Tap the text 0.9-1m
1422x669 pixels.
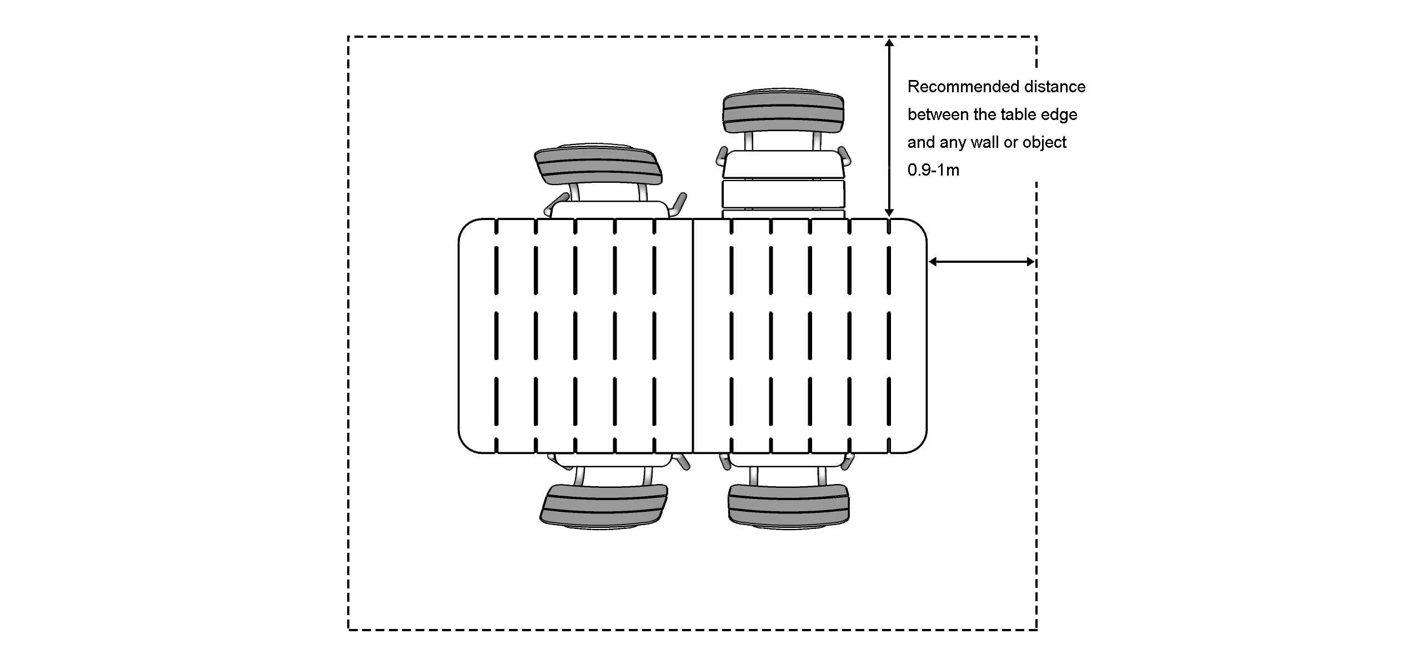click(933, 170)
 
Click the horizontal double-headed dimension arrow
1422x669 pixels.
click(982, 262)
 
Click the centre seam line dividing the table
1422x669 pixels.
click(693, 336)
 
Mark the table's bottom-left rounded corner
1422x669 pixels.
click(466, 445)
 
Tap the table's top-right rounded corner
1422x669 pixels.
click(919, 227)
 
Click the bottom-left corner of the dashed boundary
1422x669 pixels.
click(349, 630)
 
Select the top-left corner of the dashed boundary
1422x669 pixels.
click(349, 37)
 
